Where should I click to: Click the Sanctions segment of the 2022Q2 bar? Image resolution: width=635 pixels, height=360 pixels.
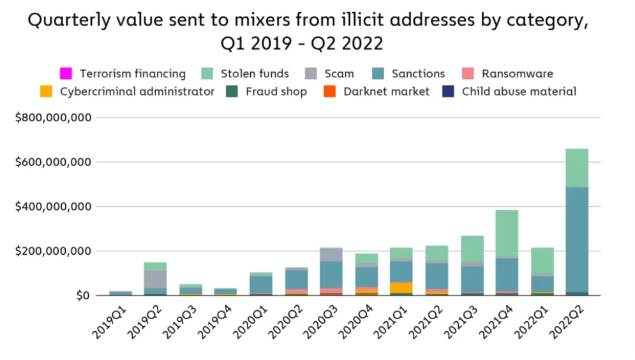[576, 239]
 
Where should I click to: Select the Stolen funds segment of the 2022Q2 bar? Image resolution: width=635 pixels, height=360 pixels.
[576, 167]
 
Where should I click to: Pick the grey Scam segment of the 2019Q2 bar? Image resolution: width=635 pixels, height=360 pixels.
[154, 279]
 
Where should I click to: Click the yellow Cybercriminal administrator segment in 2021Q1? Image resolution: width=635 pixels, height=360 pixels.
[401, 287]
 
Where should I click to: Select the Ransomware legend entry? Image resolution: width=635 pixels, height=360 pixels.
[517, 73]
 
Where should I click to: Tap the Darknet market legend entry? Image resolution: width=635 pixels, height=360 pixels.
[386, 91]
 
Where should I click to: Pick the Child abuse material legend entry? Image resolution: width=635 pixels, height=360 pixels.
[518, 91]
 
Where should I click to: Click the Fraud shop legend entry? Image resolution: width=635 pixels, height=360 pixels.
[276, 91]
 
